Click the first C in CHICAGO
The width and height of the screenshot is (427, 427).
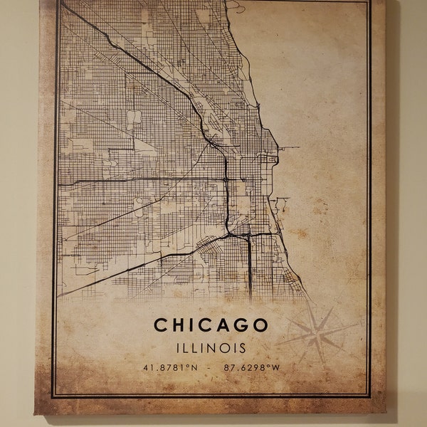click(161, 325)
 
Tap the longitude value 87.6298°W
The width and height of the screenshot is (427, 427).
click(248, 369)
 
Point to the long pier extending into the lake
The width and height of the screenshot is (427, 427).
click(288, 147)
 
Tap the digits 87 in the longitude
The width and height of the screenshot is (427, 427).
click(228, 369)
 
